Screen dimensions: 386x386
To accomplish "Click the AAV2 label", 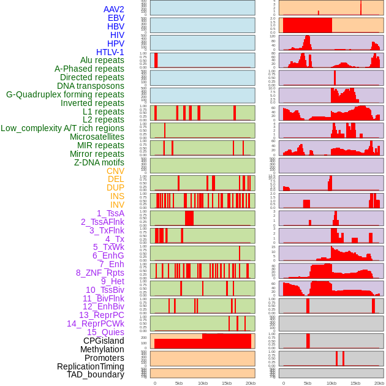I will point(114,9).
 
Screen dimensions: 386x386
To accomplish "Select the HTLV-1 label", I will point(110,52).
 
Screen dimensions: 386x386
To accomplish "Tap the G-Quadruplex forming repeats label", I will point(65,94).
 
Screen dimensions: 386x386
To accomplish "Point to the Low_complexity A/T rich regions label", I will point(62,128).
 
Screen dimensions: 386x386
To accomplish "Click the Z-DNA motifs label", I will point(99,162).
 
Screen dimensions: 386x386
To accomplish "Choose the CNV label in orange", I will point(115,171).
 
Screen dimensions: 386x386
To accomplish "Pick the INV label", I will point(117,205).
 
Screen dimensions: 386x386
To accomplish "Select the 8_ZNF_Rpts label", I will point(100,273).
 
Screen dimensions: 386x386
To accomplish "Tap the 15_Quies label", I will point(105,332).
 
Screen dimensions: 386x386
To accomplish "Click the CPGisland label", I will point(104,341).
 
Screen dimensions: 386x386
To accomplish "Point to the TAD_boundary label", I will point(96,374).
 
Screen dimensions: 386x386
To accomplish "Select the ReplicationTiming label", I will point(91,366).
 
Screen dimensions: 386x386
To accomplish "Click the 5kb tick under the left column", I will point(179,383).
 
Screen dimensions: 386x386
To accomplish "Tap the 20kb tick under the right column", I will point(379,383).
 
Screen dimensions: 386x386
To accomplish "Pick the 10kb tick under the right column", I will point(331,383).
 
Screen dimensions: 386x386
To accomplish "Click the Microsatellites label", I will point(97,137).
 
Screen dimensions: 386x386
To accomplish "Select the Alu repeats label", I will point(102,60).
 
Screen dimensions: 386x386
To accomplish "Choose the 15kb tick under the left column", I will point(227,383).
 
